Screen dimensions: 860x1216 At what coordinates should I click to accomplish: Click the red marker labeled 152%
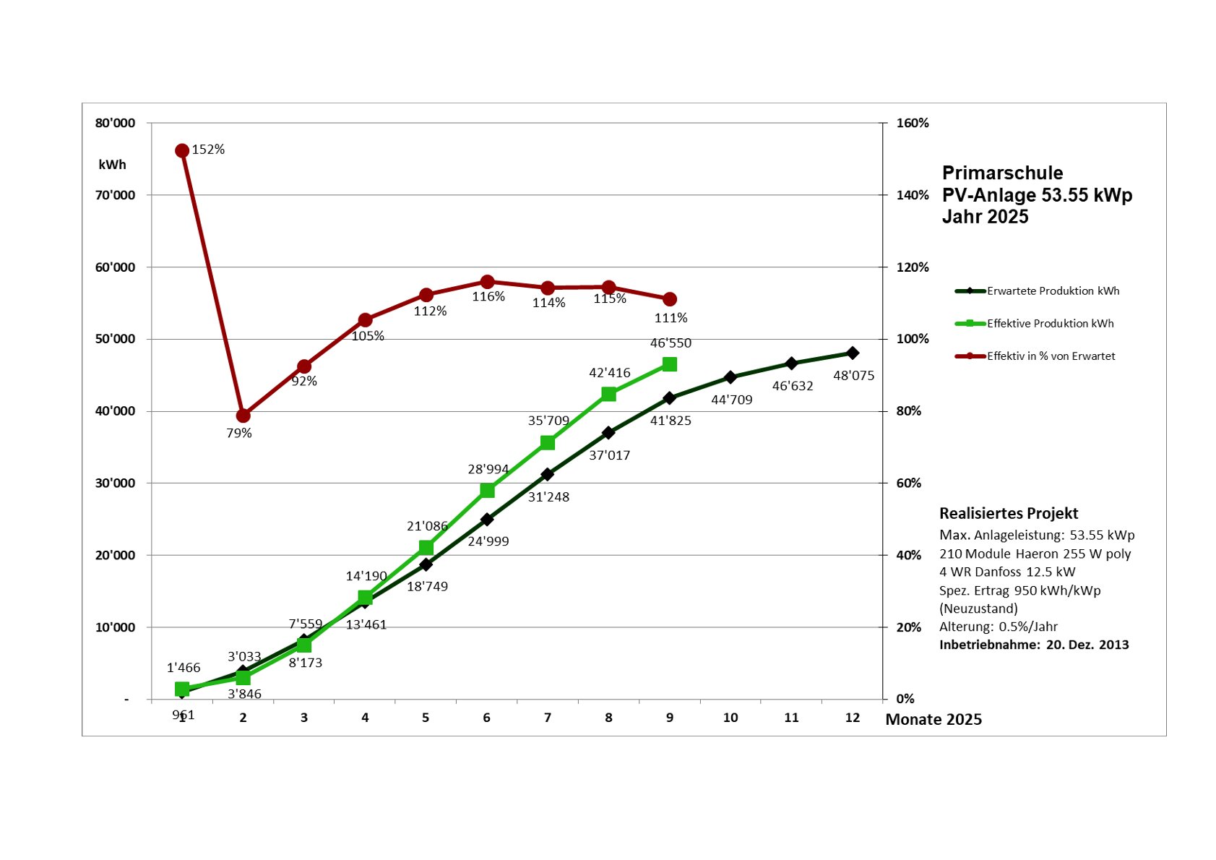(182, 150)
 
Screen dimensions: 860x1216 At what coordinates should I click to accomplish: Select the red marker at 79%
(243, 416)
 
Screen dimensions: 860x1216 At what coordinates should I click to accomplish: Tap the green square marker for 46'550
(670, 364)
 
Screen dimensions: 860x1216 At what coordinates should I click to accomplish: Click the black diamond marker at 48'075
(853, 353)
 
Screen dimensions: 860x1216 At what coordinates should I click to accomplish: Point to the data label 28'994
(488, 469)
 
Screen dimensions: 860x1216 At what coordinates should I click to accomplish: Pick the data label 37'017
(609, 455)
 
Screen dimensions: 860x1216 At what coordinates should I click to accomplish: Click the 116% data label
(488, 296)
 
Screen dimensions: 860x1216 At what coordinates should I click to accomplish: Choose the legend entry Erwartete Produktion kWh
(1053, 291)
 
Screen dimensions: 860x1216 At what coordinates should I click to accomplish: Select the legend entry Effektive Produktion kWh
(1050, 323)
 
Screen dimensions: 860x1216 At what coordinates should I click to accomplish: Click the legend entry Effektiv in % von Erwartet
(1051, 356)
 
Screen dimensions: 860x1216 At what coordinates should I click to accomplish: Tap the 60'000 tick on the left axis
(116, 267)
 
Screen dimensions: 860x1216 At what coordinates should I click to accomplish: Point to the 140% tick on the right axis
(913, 195)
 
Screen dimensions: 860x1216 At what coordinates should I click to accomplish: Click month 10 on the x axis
(730, 718)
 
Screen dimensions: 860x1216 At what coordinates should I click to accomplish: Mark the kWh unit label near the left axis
(113, 165)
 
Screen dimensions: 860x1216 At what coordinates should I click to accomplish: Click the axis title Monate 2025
(933, 719)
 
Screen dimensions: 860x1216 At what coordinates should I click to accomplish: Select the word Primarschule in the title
(1002, 173)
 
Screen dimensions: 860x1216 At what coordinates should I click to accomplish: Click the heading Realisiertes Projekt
(1009, 513)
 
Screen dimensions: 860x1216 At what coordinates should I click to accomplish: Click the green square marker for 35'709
(548, 442)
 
